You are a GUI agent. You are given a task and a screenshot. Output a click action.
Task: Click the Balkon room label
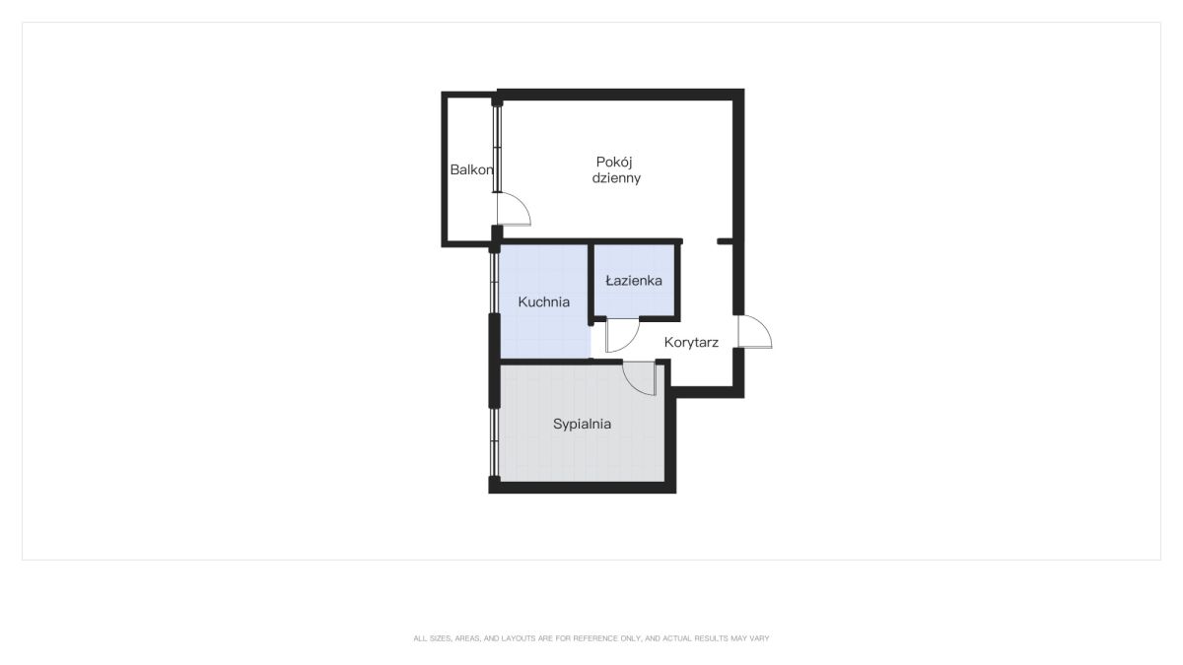[471, 169]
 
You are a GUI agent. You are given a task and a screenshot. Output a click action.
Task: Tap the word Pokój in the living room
[614, 163]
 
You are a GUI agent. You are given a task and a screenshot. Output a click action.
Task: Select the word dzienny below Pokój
[616, 178]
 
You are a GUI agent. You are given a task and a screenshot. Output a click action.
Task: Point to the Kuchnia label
[544, 301]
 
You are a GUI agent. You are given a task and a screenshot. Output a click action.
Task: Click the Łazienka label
[634, 280]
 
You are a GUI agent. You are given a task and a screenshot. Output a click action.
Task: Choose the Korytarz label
[691, 343]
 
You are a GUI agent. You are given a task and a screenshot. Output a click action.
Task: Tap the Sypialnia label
[582, 424]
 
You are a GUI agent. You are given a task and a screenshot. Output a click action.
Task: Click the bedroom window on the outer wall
[494, 442]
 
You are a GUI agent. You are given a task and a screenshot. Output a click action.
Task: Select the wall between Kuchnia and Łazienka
[591, 284]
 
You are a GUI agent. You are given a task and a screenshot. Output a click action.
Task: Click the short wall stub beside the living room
[725, 241]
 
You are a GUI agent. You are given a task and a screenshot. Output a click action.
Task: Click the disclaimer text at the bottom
[591, 638]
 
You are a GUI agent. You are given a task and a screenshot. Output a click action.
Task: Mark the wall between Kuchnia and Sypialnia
[561, 362]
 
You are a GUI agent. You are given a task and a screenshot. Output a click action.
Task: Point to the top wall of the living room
[620, 95]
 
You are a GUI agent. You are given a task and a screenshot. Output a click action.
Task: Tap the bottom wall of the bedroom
[582, 488]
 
